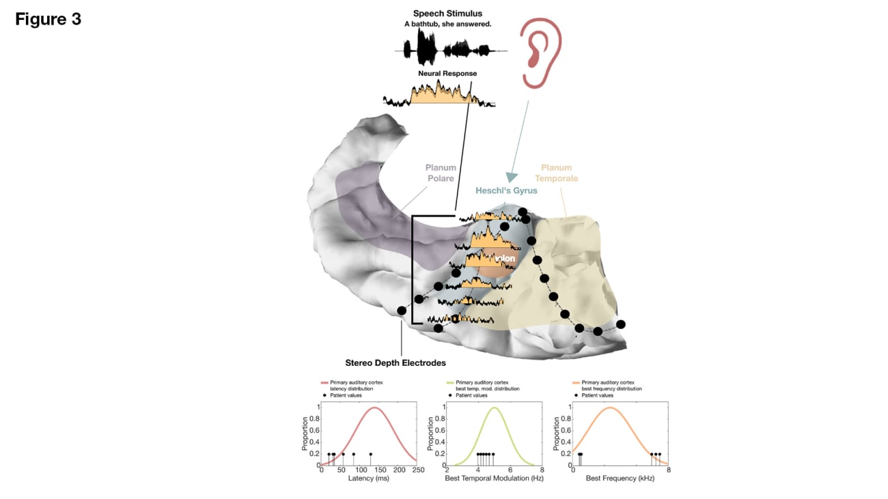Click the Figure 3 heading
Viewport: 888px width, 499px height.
coord(48,19)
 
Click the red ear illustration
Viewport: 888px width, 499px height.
coord(540,53)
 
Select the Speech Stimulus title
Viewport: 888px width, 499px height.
coord(447,14)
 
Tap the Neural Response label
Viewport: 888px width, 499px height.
coord(447,73)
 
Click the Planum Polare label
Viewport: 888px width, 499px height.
coord(440,173)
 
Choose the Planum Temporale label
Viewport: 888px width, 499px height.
coord(556,173)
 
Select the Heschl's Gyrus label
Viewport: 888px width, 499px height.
coord(506,191)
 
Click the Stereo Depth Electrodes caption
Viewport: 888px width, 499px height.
coord(396,362)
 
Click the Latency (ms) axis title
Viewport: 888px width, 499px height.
coord(368,479)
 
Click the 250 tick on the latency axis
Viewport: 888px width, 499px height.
coord(418,470)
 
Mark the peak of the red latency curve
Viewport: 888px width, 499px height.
coord(374,408)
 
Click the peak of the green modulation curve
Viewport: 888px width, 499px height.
coord(494,408)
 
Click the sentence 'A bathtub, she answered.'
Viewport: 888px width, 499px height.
coord(447,25)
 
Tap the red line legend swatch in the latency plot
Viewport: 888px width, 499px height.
coord(324,383)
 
